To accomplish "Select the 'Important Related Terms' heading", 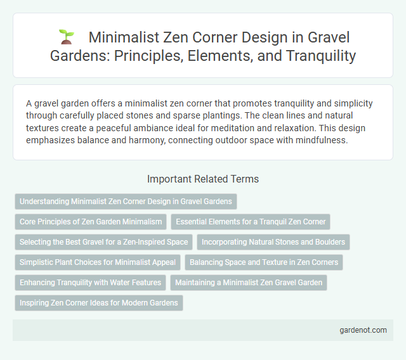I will click(203, 179).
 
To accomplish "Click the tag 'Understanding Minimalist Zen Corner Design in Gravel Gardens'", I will click(126, 202).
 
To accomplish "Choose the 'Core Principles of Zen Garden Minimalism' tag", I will click(91, 222).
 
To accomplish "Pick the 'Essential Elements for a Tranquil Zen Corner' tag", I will click(251, 222).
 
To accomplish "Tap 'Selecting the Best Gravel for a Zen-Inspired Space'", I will click(104, 242).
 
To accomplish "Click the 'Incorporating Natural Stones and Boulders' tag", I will click(273, 242).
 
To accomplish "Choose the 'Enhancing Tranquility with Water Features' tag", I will click(91, 283).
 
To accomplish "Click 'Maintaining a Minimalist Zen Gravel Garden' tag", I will click(249, 283).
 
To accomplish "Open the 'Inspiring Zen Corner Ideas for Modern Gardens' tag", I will click(98, 303).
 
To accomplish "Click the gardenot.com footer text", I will click(364, 330).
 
